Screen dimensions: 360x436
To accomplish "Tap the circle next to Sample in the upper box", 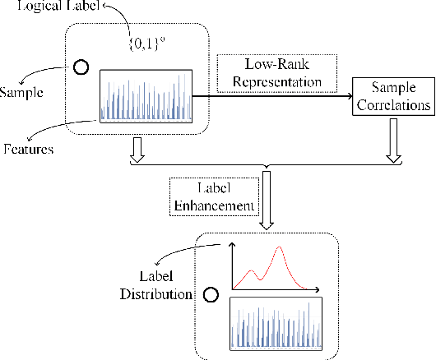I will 81,68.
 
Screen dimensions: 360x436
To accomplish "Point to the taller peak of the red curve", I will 281,247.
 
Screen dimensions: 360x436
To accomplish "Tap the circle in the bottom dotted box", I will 211,293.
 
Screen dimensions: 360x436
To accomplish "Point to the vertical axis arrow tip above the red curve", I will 232,245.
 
